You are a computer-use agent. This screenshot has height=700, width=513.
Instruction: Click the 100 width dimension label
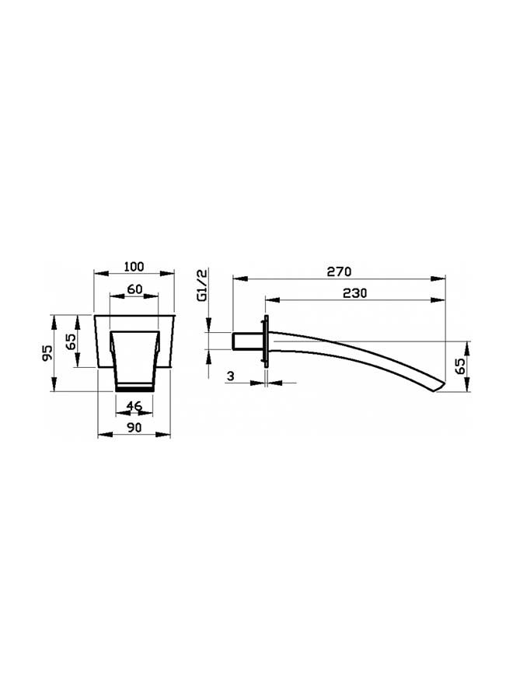134,267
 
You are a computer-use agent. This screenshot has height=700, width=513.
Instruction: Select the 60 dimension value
134,289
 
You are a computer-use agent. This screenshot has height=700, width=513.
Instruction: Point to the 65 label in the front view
71,341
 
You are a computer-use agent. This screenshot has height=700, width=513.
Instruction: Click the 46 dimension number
134,406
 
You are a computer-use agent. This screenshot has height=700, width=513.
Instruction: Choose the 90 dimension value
134,427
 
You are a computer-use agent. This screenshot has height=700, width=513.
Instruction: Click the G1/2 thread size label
202,286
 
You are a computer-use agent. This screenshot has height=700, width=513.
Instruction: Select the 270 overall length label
339,271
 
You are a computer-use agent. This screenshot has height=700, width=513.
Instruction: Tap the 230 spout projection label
354,293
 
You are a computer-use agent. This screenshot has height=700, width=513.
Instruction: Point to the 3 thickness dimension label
230,376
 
